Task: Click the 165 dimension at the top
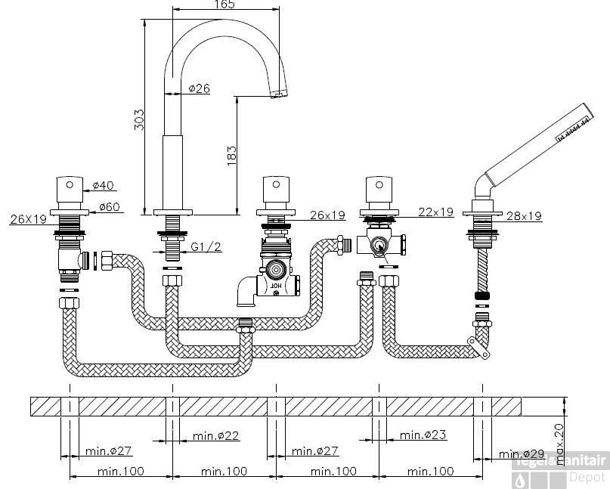pos(224,5)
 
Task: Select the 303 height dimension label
pos(138,119)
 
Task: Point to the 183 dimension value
pos(232,153)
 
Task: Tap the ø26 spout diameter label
pos(198,88)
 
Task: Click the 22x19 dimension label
pos(435,212)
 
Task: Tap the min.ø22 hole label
pos(216,435)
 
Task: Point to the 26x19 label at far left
pos(29,220)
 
